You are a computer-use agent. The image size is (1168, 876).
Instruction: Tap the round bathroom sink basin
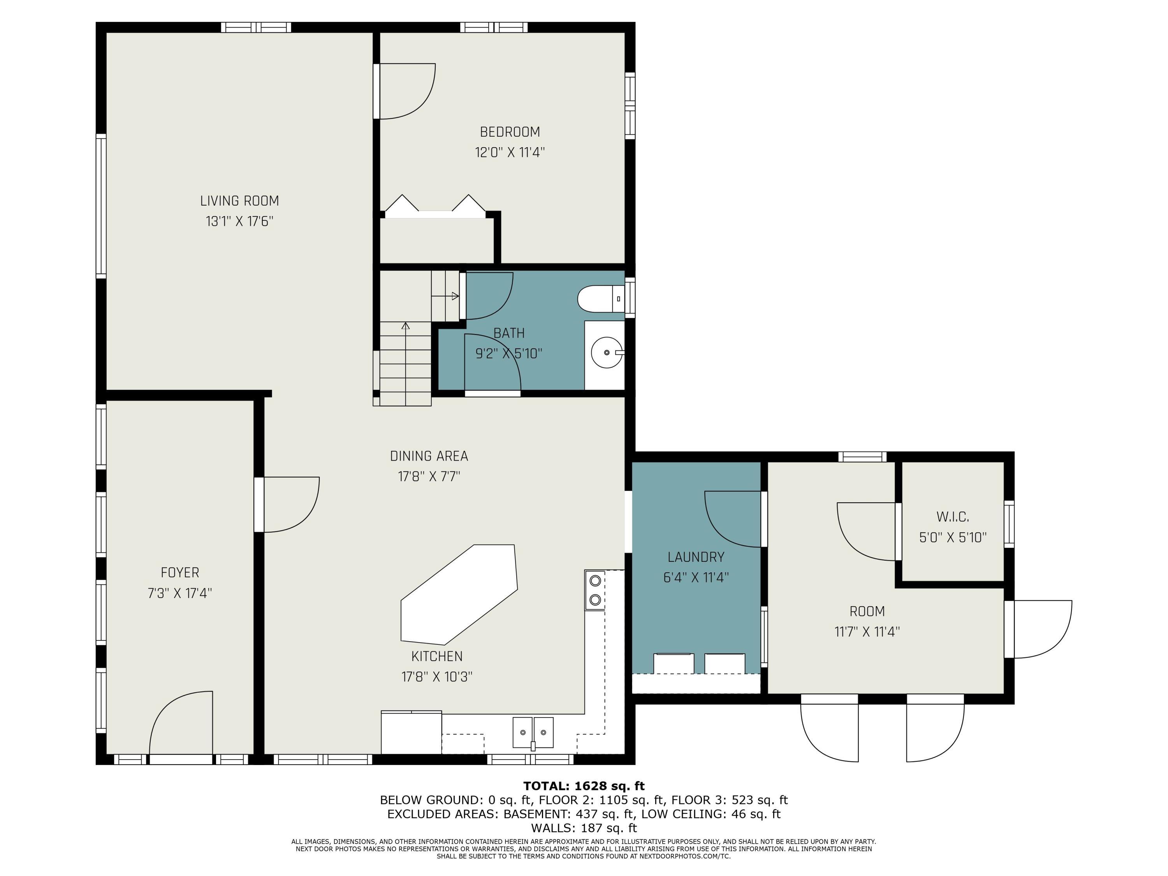pos(606,352)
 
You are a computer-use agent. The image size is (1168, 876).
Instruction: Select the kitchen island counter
pos(459,595)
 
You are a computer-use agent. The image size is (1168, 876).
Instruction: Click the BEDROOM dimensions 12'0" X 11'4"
pos(510,153)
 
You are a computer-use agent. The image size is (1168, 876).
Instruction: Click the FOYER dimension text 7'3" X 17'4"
pos(179,593)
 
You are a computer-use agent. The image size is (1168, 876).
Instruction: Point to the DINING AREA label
pos(429,456)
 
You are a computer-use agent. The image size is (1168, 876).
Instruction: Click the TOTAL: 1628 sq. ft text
pos(584,786)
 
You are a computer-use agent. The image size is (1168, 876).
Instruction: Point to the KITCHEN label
pos(437,656)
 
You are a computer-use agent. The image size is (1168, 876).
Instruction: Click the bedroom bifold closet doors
pos(435,206)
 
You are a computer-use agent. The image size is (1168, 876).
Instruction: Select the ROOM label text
pos(867,612)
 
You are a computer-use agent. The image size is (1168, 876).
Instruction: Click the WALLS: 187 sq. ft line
pos(584,828)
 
